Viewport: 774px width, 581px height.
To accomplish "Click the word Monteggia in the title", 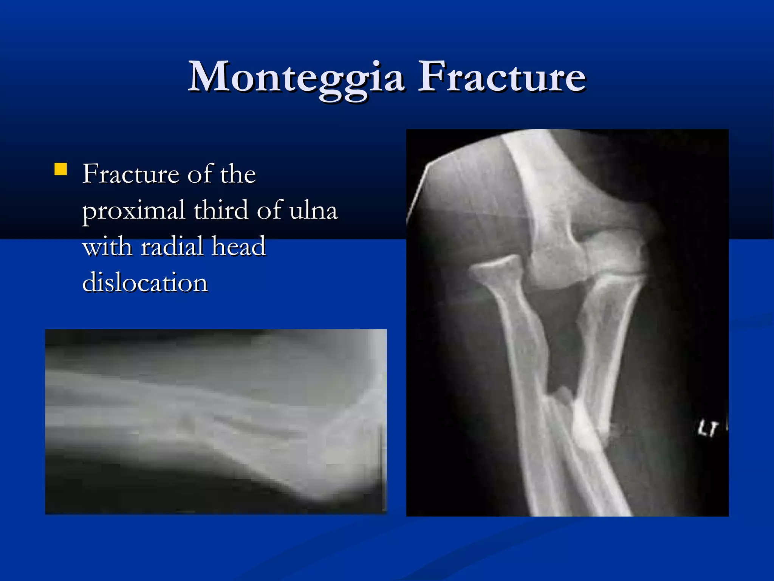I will pyautogui.click(x=296, y=78).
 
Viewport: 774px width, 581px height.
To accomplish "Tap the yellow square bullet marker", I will pyautogui.click(x=60, y=169).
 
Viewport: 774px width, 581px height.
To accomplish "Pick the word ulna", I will pyautogui.click(x=313, y=210).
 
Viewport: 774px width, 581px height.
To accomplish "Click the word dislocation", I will pyautogui.click(x=145, y=282).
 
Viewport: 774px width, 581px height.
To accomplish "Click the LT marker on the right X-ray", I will pyautogui.click(x=707, y=429).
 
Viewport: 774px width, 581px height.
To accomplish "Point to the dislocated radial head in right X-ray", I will pyautogui.click(x=495, y=267).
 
